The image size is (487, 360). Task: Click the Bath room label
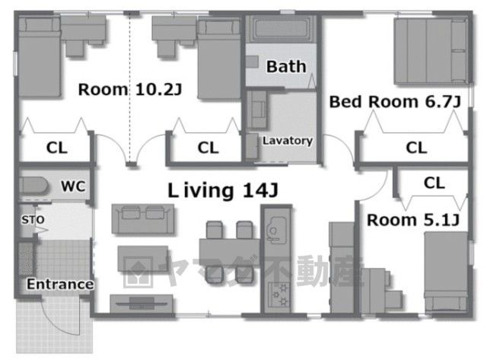286,67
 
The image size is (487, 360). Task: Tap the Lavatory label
288,141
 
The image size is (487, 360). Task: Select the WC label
73,186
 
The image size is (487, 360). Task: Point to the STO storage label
33,220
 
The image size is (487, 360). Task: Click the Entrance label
60,284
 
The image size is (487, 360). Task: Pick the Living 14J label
223,190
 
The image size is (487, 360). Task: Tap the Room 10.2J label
130,90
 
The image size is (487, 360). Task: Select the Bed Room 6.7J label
395,102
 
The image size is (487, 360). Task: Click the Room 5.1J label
413,220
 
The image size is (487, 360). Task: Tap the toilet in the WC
33,186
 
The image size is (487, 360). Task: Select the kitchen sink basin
275,229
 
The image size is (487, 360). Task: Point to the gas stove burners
279,295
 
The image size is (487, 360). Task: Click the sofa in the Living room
143,218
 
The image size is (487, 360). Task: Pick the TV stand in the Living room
142,303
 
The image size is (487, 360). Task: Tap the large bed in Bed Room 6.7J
431,51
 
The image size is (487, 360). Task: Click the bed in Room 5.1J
446,271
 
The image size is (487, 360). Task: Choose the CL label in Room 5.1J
434,183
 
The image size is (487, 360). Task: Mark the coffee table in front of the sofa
143,259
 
